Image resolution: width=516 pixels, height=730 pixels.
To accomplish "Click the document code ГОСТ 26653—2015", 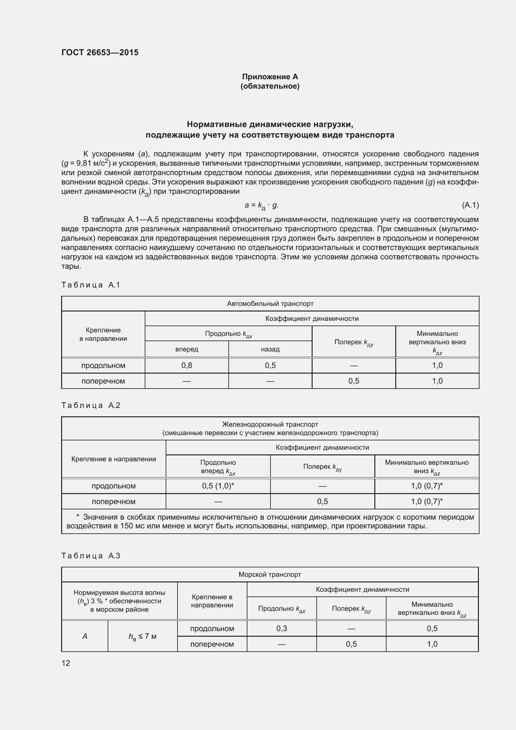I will pos(100,52).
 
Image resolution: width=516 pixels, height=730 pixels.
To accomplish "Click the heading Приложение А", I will pos(270,77).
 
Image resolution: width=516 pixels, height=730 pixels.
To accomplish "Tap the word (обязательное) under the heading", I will pos(270,86).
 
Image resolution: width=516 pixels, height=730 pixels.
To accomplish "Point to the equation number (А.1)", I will pos(470,205).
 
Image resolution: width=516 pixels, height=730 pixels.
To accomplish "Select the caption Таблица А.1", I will pos(90,285).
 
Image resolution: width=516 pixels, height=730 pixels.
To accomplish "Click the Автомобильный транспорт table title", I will pos(270,304).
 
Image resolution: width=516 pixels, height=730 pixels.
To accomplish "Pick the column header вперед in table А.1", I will pos(187,349).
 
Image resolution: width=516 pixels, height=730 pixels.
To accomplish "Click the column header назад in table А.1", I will pos(270,349).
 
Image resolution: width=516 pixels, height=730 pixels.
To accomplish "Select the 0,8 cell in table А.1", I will pos(187,365).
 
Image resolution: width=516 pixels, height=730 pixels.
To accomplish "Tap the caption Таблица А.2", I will pos(90,405).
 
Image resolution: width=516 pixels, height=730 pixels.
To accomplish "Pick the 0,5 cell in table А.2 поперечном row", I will pos(322,502).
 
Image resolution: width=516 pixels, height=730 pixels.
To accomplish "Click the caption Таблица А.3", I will pos(90,556).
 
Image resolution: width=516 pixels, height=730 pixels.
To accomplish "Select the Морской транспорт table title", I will pos(270,575).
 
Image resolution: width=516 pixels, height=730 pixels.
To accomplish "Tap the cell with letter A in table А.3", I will pos(85,636).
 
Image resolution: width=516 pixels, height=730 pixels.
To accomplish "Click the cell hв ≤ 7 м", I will pos(142,636).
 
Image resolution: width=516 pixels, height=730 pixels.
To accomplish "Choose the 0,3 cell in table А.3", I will pos(281,628).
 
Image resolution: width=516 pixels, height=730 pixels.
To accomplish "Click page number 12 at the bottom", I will pos(66,663).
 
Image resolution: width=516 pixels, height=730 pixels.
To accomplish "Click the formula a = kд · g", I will pos(261,205).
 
